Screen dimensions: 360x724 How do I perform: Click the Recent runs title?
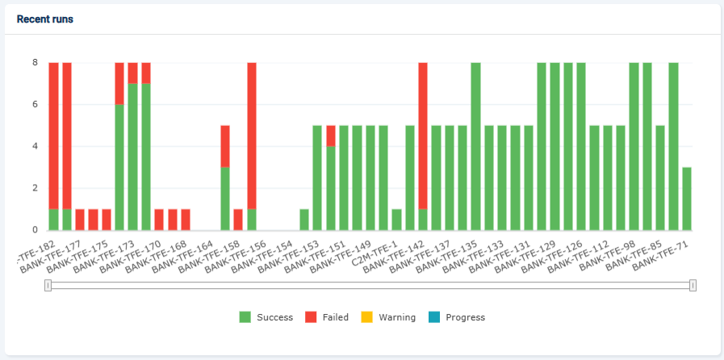45,19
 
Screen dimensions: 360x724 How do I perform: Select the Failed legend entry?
327,317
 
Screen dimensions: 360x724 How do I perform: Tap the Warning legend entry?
388,317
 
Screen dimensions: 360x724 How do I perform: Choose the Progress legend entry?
457,317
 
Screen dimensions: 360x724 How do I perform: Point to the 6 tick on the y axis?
35,104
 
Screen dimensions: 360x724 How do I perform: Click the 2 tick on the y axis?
35,188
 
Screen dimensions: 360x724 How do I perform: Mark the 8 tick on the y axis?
35,62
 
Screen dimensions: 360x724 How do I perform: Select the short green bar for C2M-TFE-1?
396,220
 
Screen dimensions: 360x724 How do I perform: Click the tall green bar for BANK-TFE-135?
475,146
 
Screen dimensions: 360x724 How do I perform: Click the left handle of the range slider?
48,285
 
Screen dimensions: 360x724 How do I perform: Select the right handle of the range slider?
693,285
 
